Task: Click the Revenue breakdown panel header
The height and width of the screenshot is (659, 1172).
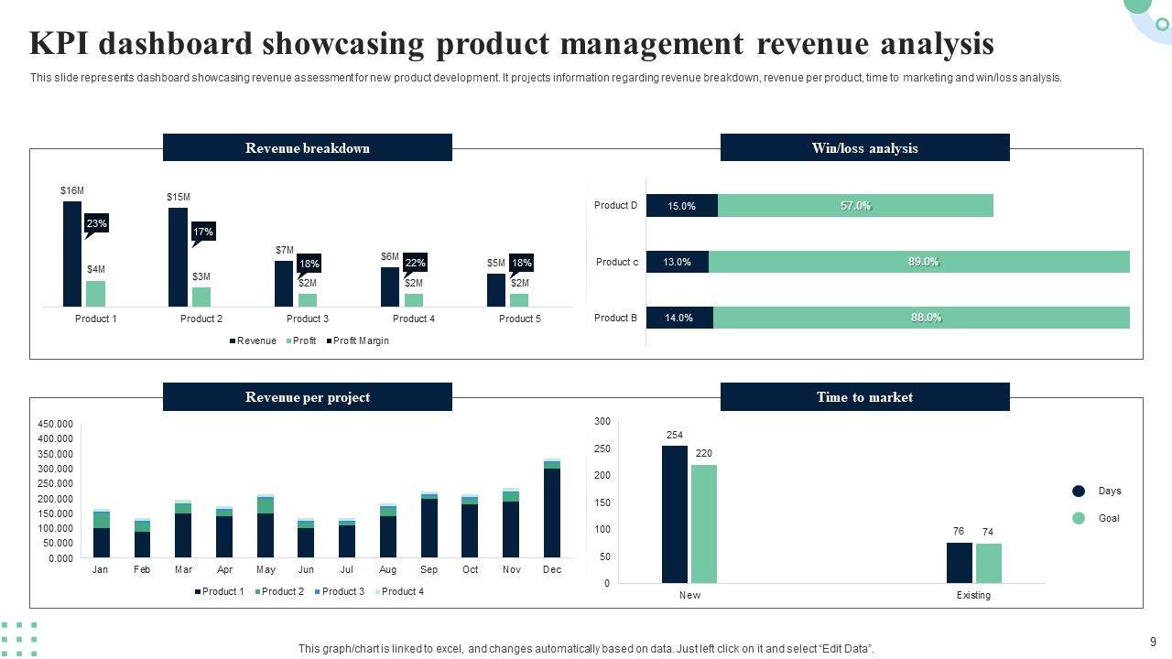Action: [x=308, y=148]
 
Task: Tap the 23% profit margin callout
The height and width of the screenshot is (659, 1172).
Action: [x=97, y=223]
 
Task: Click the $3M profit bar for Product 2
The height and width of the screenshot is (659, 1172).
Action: [x=201, y=297]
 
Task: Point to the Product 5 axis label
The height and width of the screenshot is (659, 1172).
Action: [x=519, y=319]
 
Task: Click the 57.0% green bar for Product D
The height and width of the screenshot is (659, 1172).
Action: [x=855, y=206]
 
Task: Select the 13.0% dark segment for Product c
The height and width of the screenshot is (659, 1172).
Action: [x=678, y=262]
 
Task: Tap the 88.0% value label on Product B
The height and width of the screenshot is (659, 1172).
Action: [x=926, y=318]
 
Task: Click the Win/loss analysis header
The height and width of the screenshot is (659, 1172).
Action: [x=864, y=148]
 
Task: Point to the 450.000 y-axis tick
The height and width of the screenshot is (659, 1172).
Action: [x=55, y=424]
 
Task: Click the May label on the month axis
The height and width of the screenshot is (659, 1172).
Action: [x=266, y=569]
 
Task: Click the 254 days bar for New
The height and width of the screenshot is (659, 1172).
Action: [x=675, y=513]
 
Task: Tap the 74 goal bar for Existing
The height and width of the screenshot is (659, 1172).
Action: [x=988, y=563]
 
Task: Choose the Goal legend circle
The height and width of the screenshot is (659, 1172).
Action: [x=1079, y=518]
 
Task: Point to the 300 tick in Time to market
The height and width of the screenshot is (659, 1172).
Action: [x=602, y=421]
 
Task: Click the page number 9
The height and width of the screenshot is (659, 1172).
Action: [x=1153, y=642]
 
